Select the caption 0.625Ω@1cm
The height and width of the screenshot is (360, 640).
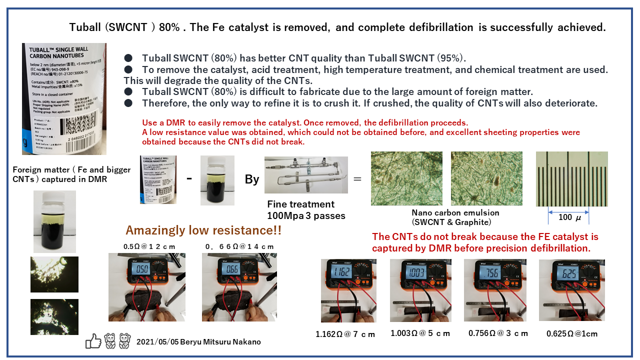[x=571, y=333]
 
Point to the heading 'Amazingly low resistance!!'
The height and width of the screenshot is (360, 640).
[x=203, y=230]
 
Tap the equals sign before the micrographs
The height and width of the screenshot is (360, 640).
[x=357, y=178]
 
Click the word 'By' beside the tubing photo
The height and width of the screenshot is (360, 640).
[x=251, y=179]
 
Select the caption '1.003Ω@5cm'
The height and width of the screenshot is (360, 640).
[x=420, y=333]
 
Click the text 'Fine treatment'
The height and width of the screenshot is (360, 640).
[x=301, y=204]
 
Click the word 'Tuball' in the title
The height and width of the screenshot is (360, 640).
[x=84, y=27]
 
